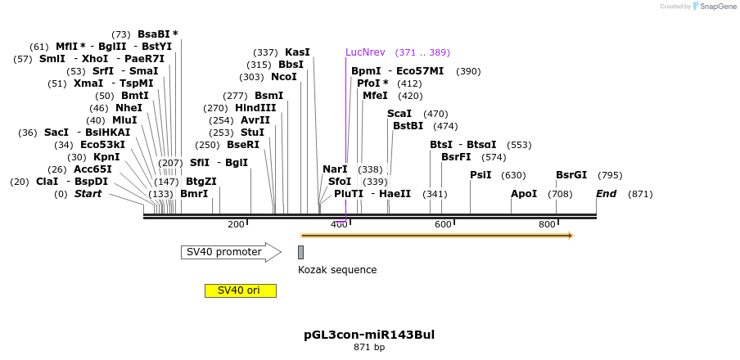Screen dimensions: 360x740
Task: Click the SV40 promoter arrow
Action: pos(230,252)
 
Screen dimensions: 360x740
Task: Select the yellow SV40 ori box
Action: pos(240,290)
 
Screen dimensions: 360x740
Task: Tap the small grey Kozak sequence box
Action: pos(300,252)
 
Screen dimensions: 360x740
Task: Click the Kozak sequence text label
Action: pos(337,270)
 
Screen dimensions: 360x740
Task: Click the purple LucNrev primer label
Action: pos(365,52)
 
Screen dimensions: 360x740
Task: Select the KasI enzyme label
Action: pos(297,52)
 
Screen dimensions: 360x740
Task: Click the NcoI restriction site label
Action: pos(284,77)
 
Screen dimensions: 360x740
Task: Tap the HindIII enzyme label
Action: pos(255,108)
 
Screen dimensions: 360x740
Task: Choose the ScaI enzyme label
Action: pos(399,114)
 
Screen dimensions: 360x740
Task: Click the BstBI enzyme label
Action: pos(408,126)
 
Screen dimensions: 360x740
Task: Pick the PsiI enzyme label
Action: pos(481,175)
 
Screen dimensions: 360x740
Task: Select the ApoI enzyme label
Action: pos(524,194)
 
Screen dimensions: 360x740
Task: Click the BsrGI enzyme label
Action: pos(571,175)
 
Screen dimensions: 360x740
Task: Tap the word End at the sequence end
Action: pos(606,194)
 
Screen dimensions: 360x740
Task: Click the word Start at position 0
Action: pos(88,194)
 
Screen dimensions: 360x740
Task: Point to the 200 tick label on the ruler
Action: pos(236,224)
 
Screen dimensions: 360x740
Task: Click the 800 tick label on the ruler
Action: pos(547,224)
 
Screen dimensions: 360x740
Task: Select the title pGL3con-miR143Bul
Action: pos(369,335)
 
